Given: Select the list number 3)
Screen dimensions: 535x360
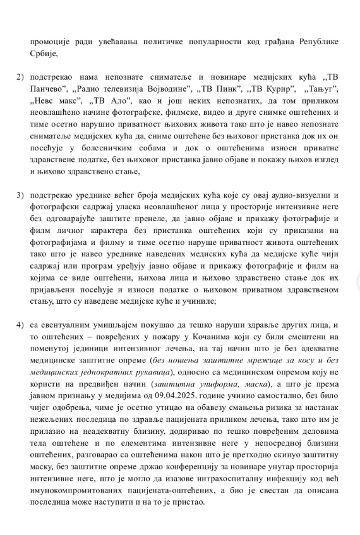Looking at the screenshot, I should click(20, 195).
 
